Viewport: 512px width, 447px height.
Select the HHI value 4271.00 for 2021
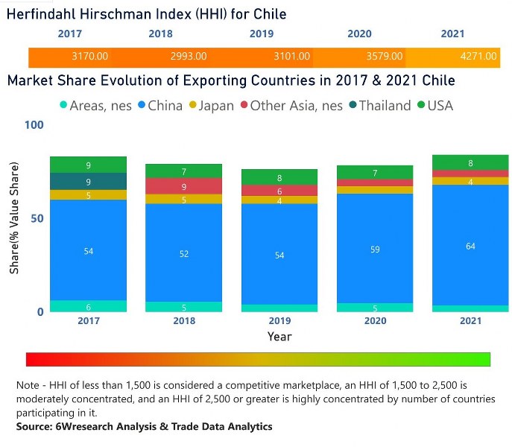pos(471,57)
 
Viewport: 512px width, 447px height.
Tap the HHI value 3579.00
pos(385,57)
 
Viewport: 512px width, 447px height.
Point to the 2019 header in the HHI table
pos(261,34)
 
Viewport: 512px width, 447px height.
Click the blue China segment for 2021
pos(471,245)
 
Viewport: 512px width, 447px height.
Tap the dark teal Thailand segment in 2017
pos(89,181)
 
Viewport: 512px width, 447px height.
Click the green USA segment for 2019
pos(280,177)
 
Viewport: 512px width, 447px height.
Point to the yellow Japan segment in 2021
pos(471,181)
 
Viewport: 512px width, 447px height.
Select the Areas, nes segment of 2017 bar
pos(89,306)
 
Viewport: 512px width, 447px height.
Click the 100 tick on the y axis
pos(34,125)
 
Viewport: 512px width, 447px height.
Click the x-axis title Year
pos(280,337)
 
